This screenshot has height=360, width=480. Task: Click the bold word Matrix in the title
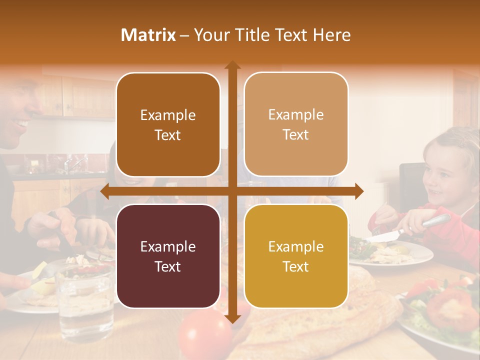point(148,35)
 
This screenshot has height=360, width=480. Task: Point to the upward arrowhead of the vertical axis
point(232,65)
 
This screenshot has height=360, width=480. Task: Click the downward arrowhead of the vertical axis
point(232,318)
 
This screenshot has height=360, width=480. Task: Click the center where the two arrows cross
point(232,191)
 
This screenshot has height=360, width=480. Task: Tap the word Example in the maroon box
point(168,246)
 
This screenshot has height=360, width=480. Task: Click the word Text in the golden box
point(296,266)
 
